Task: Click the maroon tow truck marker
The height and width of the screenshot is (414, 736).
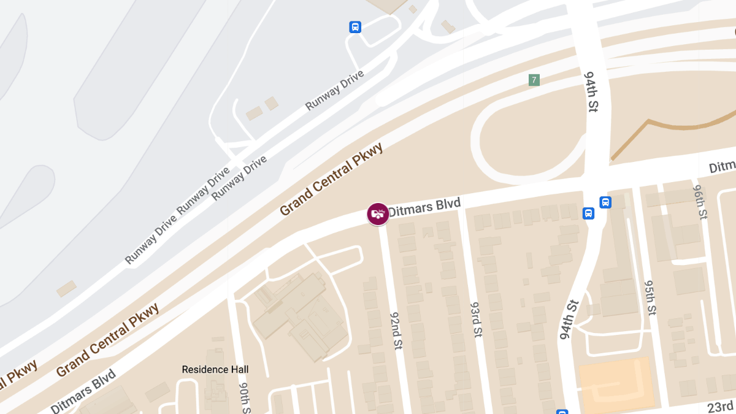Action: point(378,213)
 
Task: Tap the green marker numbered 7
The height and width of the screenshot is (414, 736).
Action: point(534,80)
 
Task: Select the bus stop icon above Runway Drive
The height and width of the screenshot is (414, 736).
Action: point(355,27)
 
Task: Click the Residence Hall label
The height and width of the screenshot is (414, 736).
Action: point(215,369)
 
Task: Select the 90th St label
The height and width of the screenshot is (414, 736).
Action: point(243,398)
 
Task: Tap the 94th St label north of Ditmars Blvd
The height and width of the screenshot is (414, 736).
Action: point(591,90)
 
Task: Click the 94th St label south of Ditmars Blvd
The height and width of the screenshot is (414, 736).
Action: point(569,320)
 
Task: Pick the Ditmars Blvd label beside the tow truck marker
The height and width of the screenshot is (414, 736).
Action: point(424,206)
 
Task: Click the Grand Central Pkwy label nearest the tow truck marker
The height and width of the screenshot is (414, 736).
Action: point(332,179)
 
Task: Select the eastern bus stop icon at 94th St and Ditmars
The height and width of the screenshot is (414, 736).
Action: point(605,202)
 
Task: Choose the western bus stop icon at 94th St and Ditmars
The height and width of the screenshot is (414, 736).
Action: point(588,213)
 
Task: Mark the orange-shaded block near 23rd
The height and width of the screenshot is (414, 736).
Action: point(615,384)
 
